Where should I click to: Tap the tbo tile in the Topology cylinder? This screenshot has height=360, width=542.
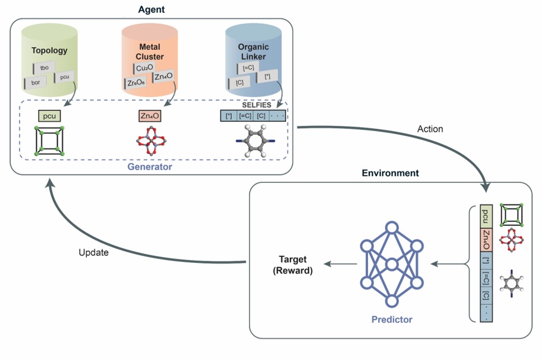(x=44, y=68)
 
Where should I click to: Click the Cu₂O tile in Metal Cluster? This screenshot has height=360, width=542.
(x=144, y=68)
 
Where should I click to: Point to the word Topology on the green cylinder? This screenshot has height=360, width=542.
(x=49, y=50)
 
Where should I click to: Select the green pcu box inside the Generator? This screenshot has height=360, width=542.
(x=50, y=117)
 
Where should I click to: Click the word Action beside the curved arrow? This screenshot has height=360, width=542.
(x=430, y=129)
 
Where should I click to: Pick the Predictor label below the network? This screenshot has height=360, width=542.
(x=392, y=320)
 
